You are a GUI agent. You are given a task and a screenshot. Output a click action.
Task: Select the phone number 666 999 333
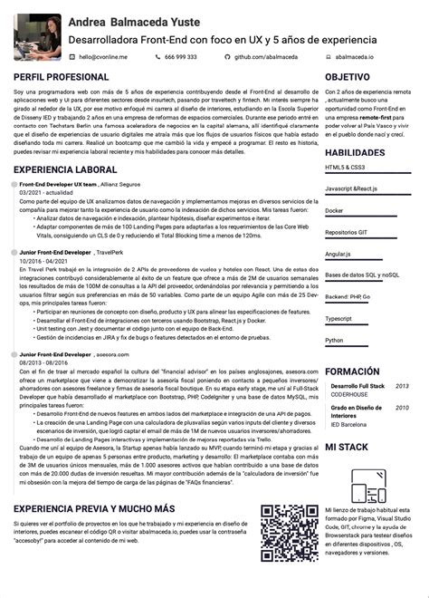[x=181, y=56]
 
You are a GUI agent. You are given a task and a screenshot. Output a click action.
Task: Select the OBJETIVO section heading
[x=348, y=78]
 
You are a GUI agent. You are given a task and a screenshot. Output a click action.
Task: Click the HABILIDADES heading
[x=355, y=153]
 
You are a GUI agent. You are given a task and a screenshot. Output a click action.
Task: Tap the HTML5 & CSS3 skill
[x=345, y=168]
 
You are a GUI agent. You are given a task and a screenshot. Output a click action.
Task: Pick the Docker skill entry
[x=334, y=210]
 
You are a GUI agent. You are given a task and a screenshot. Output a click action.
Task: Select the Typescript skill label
[x=338, y=319]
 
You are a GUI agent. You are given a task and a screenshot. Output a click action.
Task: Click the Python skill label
[x=334, y=341]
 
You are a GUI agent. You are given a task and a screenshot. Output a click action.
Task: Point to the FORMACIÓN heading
[x=352, y=372]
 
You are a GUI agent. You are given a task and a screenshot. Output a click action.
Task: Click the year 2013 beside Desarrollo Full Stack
[x=402, y=386]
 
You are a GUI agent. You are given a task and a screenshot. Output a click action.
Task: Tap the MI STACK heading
[x=346, y=448]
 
